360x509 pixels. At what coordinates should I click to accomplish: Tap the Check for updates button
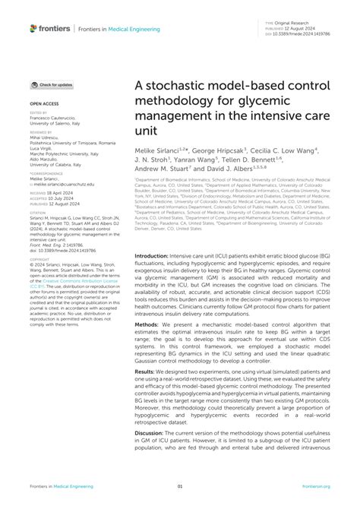(52, 85)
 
